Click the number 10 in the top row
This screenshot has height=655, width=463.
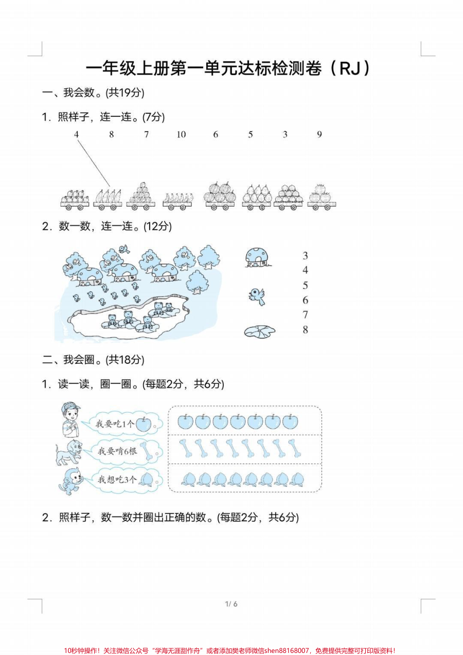coord(181,135)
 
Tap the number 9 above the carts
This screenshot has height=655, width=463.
coord(319,135)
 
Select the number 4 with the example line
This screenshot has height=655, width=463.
coord(76,135)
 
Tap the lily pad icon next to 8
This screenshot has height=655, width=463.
coord(259,332)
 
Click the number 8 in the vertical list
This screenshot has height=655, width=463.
coord(306,330)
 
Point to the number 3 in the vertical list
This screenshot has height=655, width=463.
coord(306,256)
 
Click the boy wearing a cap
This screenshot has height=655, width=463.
coord(69,419)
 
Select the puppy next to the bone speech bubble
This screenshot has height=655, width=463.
coord(69,451)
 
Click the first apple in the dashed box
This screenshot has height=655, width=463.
coord(185,421)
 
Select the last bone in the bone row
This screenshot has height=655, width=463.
coord(295,449)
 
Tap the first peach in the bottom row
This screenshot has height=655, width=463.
coord(189,479)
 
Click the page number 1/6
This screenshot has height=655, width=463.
coord(231,604)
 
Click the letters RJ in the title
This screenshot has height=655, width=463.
coord(350,68)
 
